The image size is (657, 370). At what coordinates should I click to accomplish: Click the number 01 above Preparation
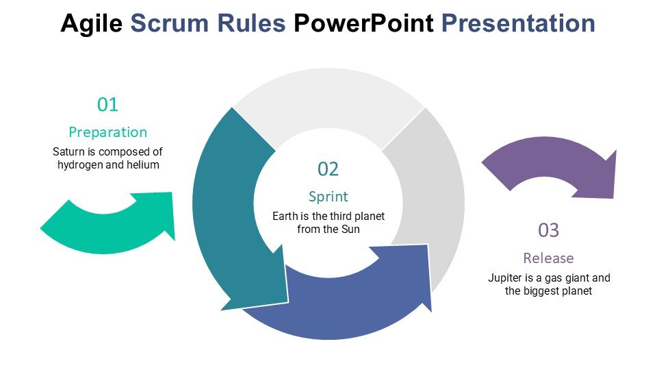(x=108, y=105)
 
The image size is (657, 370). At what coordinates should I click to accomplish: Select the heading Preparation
(x=108, y=132)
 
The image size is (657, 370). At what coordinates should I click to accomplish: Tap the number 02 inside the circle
(x=328, y=169)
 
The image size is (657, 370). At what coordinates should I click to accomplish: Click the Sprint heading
(x=328, y=197)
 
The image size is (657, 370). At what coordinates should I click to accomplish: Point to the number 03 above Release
(x=548, y=231)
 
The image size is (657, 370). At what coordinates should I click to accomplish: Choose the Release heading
(x=548, y=258)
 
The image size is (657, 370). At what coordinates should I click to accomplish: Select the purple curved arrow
(x=554, y=168)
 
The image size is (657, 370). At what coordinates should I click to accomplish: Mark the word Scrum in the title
(x=174, y=24)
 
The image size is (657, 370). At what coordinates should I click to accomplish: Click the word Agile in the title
(x=92, y=24)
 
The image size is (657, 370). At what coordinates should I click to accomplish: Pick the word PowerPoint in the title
(x=363, y=24)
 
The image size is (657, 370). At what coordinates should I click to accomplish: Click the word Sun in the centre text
(x=350, y=230)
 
